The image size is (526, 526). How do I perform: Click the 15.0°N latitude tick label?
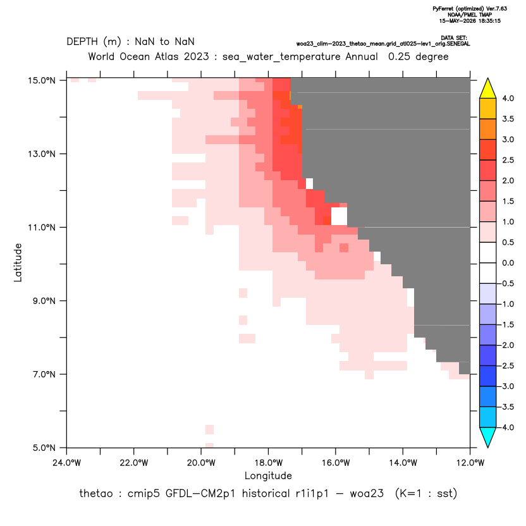(42, 80)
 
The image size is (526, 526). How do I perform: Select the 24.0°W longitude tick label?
(67, 463)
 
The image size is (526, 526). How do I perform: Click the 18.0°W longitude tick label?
(268, 463)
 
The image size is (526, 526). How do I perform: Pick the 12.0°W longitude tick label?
(470, 463)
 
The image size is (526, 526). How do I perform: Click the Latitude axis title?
(18, 262)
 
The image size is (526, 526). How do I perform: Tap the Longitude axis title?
(268, 475)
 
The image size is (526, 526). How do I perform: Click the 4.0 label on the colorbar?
(508, 98)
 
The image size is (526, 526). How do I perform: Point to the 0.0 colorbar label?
(508, 263)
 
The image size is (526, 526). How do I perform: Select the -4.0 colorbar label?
(506, 427)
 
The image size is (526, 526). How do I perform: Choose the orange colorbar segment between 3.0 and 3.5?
(488, 129)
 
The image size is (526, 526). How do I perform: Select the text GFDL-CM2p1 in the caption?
(200, 494)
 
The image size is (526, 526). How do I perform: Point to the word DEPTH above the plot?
(82, 42)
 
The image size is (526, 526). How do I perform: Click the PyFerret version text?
(470, 9)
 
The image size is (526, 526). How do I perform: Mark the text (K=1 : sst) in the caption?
(426, 494)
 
